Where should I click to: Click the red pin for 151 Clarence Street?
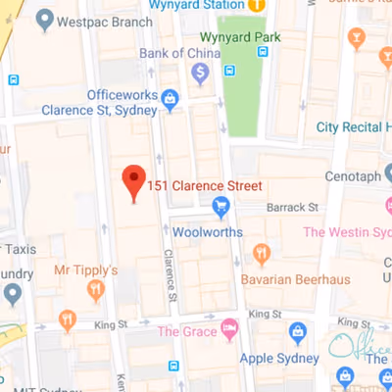pyautogui.click(x=134, y=182)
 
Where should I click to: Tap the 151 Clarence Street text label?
pyautogui.click(x=207, y=185)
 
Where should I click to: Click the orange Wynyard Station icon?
pyautogui.click(x=256, y=5)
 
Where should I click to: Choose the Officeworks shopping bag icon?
pyautogui.click(x=170, y=98)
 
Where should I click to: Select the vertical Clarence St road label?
pyautogui.click(x=170, y=277)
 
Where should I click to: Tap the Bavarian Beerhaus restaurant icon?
pyautogui.click(x=262, y=255)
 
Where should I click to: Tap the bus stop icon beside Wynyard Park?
pyautogui.click(x=229, y=71)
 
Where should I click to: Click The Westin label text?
pyautogui.click(x=347, y=231)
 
